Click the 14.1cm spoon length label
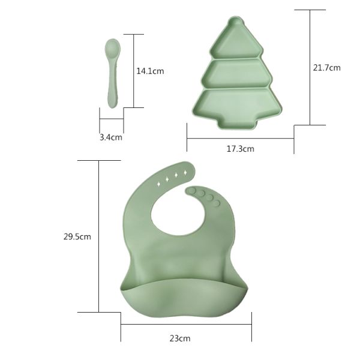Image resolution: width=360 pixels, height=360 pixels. (150, 71)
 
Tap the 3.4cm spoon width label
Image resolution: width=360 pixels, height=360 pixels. (110, 137)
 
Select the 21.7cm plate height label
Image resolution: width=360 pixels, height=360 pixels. (326, 68)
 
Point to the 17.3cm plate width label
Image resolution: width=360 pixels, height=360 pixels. (240, 149)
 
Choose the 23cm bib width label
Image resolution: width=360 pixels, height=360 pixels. (179, 338)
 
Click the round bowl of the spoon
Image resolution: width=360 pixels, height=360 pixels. (112, 48)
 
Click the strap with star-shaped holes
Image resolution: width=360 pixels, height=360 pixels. (171, 176)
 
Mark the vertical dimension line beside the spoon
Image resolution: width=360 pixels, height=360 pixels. (133, 71)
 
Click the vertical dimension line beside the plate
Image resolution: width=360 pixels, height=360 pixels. (310, 67)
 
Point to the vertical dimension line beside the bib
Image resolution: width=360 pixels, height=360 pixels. (98, 236)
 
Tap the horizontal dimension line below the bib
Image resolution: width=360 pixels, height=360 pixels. (186, 325)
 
